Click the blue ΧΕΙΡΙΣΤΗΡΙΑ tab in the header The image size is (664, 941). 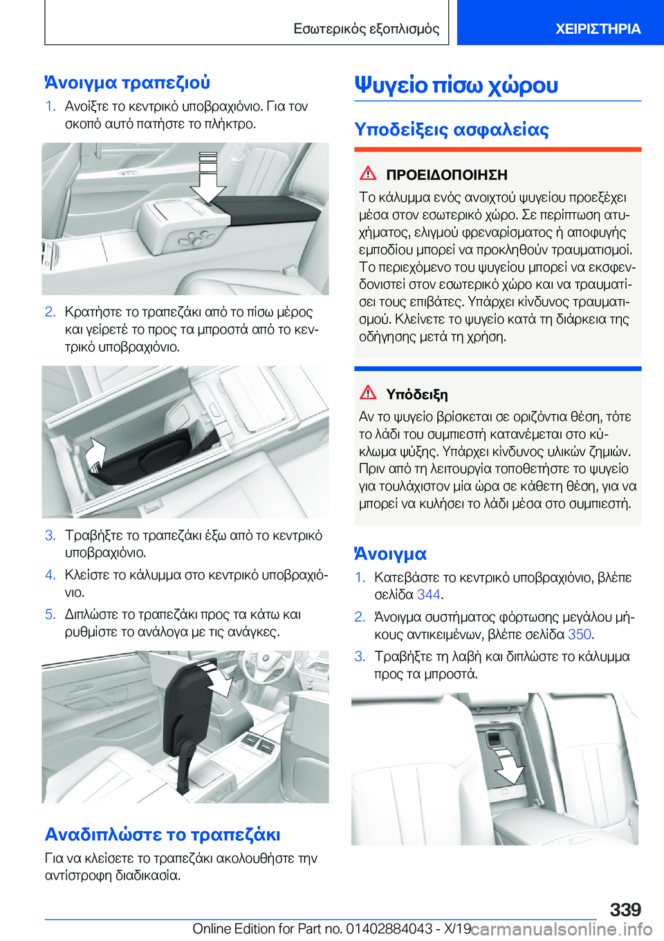tap(598, 29)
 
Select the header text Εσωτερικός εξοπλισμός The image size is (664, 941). tap(366, 29)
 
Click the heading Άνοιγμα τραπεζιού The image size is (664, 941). tap(127, 82)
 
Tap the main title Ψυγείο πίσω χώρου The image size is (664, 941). tap(456, 85)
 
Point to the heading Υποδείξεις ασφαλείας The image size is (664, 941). tap(452, 129)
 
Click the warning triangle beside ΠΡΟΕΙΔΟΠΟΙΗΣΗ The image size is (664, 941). tap(368, 173)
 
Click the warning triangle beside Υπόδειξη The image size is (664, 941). tap(368, 393)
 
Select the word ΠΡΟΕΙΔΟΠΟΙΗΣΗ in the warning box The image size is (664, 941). tap(447, 175)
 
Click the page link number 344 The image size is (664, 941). tap(428, 595)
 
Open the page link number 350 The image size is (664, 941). tap(579, 634)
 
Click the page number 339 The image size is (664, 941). tap(625, 909)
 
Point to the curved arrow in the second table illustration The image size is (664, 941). tap(95, 454)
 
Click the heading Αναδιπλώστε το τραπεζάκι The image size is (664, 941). tap(163, 835)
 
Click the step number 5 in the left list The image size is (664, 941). tap(50, 614)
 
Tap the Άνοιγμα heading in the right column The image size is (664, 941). tap(390, 554)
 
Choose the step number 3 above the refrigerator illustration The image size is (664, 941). tap(360, 656)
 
